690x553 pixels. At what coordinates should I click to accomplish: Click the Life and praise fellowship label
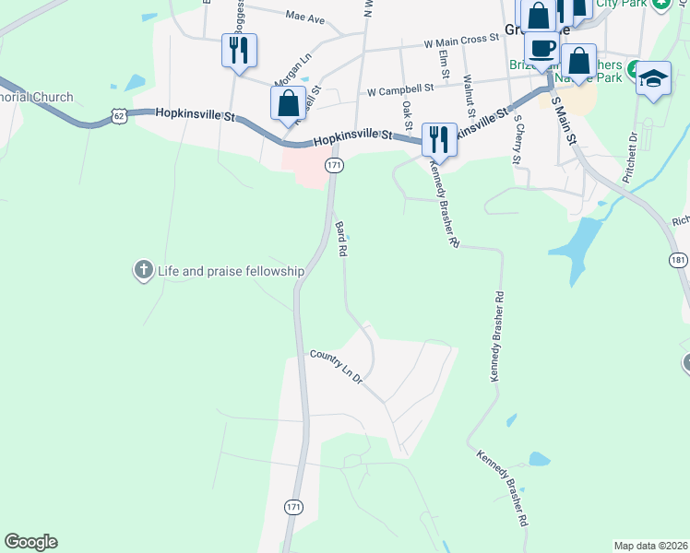click(x=231, y=271)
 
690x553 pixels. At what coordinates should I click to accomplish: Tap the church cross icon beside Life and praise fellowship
click(x=143, y=270)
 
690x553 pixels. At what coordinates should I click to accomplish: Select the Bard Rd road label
click(x=340, y=238)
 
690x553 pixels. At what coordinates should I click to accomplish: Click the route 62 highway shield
click(x=117, y=114)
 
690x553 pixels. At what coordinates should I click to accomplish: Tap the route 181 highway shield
click(x=678, y=261)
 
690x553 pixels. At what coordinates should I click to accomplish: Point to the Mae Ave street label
click(x=305, y=17)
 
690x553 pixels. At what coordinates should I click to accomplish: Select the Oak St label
click(x=407, y=115)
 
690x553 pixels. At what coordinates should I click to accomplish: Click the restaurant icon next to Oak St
click(x=438, y=139)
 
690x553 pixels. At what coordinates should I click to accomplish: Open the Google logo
click(x=31, y=542)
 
